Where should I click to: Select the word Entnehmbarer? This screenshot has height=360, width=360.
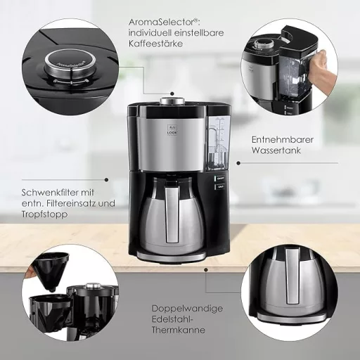tap(283, 140)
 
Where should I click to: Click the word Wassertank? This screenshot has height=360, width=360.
tap(278, 151)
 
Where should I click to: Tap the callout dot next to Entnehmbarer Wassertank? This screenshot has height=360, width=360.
tap(237, 162)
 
